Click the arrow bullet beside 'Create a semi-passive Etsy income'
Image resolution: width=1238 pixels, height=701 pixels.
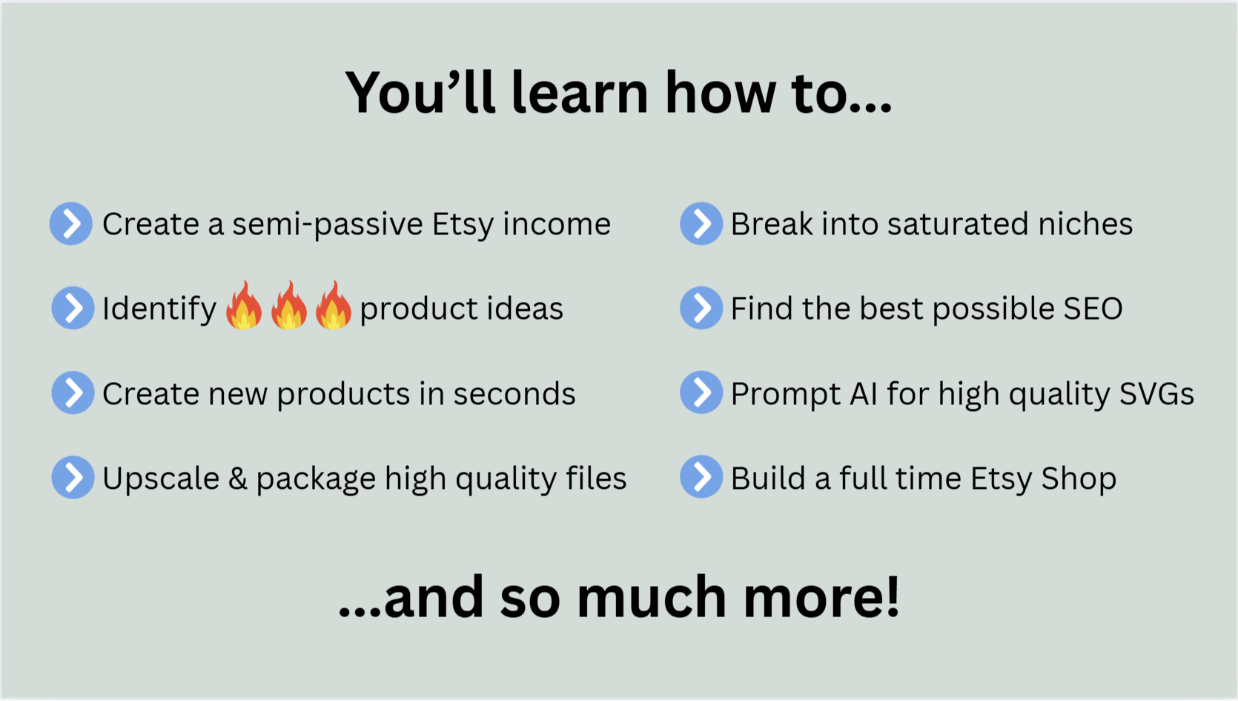point(70,223)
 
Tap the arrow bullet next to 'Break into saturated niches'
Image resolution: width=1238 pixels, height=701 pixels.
point(701,223)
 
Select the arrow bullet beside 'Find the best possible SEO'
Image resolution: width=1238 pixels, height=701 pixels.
point(701,308)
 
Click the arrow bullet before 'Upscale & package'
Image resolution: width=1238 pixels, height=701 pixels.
point(73,477)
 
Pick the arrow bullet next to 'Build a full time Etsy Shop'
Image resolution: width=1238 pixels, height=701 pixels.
point(701,476)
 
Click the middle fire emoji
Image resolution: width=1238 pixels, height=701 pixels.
point(288,305)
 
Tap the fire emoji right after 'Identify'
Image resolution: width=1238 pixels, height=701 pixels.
point(244,305)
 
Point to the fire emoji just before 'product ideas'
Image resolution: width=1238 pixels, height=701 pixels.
point(334,305)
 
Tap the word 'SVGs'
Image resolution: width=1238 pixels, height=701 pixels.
point(1156,394)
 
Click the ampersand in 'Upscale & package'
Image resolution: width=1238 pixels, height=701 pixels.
point(238,478)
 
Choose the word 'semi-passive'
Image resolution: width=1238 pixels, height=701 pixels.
point(328,226)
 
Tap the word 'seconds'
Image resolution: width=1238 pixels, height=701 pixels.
point(514,394)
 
